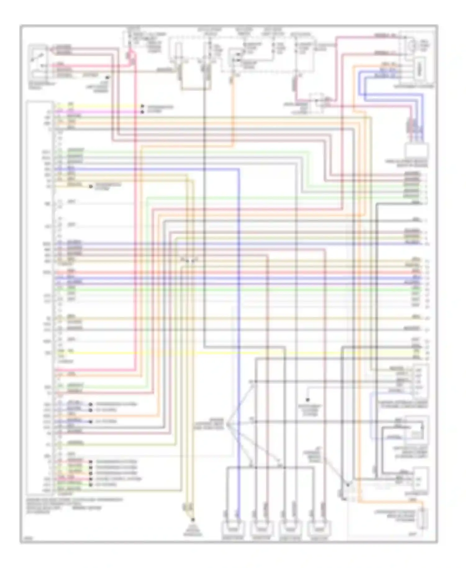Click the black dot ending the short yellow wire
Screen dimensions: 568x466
point(143,106)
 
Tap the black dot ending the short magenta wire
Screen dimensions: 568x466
point(143,112)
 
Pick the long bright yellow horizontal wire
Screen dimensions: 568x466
point(236,353)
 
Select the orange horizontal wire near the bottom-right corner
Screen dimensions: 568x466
point(388,502)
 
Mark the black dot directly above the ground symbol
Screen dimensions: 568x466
point(193,520)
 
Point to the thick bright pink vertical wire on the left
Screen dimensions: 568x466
point(135,218)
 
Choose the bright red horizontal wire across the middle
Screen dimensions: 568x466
point(236,272)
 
